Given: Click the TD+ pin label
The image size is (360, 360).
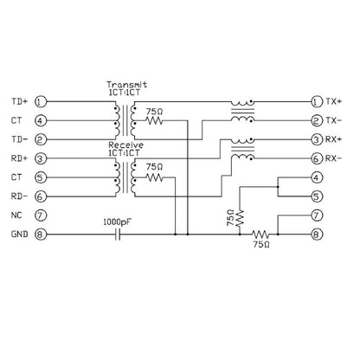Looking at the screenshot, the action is (20, 101).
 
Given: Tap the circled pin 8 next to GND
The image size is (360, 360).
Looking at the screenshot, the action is (41, 235).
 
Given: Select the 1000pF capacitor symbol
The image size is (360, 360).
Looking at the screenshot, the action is (118, 235).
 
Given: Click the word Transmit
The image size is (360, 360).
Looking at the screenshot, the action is (127, 85).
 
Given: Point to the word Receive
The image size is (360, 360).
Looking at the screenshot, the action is (126, 145).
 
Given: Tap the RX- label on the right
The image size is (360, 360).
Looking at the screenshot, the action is (333, 158).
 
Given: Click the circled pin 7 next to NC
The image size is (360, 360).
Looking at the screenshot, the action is (41, 215).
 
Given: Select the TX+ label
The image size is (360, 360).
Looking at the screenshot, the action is (334, 101).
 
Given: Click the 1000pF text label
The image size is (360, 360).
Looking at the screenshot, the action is (118, 222).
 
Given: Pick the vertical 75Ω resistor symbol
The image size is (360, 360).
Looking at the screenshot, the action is (240, 218).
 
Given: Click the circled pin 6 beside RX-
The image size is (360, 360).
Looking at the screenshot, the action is (317, 158).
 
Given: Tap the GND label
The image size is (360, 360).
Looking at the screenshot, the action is (20, 235).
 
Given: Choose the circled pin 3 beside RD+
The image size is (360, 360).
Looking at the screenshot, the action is (41, 158).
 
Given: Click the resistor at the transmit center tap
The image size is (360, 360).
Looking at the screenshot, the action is (155, 120).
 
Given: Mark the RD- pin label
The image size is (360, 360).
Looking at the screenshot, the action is (20, 196).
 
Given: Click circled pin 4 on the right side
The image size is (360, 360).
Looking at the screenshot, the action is (317, 177).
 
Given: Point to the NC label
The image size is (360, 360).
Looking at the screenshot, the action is (16, 215).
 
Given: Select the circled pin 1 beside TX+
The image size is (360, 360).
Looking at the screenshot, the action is (317, 101).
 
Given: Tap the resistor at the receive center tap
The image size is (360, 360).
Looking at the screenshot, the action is (155, 177).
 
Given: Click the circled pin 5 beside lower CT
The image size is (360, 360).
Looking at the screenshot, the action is (41, 177).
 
